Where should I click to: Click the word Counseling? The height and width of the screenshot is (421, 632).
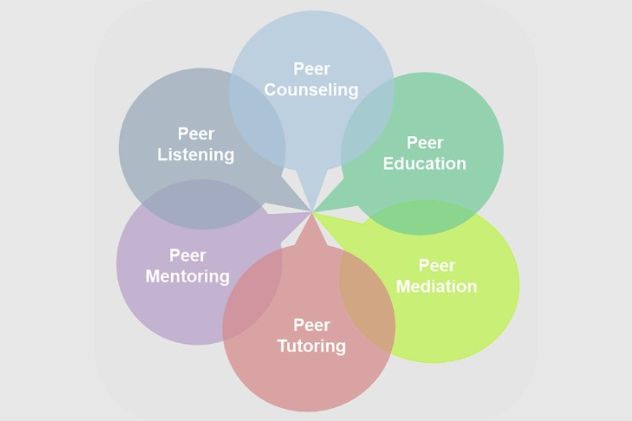[x=311, y=90]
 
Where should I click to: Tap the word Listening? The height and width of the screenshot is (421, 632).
[x=195, y=155]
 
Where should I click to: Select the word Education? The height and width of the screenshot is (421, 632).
[x=424, y=163]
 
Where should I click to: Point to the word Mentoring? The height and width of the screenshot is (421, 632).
[x=188, y=276]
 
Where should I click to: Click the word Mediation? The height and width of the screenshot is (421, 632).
[x=437, y=286]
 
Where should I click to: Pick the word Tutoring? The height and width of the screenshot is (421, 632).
[x=311, y=346]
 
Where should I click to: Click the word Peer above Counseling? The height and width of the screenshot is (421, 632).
[x=311, y=68]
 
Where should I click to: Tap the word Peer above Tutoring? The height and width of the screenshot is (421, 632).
[x=311, y=325]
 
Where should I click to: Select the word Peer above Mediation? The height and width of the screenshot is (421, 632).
[x=437, y=265]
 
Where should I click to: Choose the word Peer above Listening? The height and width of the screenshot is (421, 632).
[x=195, y=134]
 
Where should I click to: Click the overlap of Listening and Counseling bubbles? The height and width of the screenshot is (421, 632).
[x=258, y=123]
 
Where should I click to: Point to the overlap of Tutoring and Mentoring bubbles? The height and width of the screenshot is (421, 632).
[x=253, y=291]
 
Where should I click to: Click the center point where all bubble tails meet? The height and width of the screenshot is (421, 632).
[x=312, y=212]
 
